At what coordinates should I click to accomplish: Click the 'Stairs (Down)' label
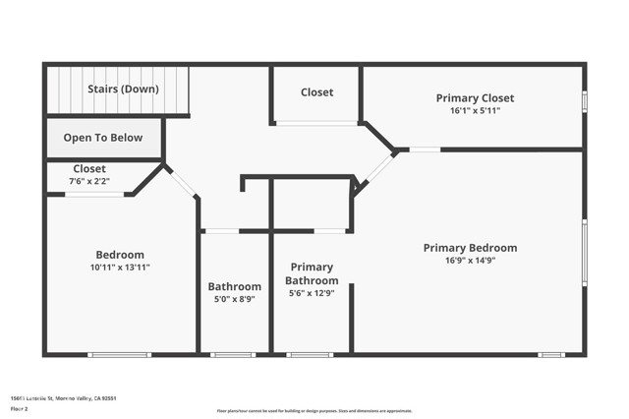(x=123, y=89)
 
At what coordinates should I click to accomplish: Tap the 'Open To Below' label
(x=103, y=138)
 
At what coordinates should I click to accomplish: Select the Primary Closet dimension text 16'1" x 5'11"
(x=475, y=111)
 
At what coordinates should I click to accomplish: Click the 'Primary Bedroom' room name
(x=470, y=248)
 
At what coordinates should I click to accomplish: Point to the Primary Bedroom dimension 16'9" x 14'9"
(x=470, y=261)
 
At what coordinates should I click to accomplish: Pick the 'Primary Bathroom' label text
(x=312, y=273)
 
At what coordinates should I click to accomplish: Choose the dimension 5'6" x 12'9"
(x=312, y=293)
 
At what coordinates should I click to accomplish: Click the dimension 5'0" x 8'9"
(x=235, y=299)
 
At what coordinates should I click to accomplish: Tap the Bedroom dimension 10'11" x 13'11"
(x=120, y=267)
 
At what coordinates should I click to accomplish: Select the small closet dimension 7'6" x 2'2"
(x=88, y=181)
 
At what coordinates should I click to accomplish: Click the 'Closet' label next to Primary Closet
(x=316, y=92)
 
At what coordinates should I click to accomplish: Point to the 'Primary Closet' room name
(x=475, y=98)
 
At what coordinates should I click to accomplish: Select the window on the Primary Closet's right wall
(x=584, y=101)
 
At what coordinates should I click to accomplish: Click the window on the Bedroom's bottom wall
(x=119, y=354)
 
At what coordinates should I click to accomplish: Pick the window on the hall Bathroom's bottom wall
(x=233, y=354)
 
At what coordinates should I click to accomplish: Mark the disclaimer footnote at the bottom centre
(x=314, y=410)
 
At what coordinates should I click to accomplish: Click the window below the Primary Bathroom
(x=310, y=354)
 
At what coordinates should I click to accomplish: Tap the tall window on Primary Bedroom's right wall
(x=584, y=253)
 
